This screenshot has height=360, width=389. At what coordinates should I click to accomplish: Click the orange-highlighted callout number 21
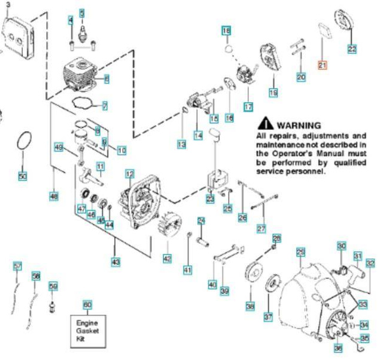coord(322,65)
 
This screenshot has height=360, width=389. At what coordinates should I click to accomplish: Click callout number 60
coord(87,305)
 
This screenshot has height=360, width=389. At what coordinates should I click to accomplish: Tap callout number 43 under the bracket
coord(115,261)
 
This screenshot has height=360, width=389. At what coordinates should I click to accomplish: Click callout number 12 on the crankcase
coord(129,174)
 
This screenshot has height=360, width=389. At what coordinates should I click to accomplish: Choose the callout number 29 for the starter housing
coord(300,252)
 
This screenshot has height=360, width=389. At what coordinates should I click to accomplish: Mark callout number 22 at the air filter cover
coord(352,48)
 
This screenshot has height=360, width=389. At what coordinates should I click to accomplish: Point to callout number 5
coord(82,13)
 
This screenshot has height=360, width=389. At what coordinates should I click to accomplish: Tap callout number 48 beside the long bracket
coord(54,194)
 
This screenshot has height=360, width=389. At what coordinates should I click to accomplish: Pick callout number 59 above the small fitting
coord(53,287)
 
